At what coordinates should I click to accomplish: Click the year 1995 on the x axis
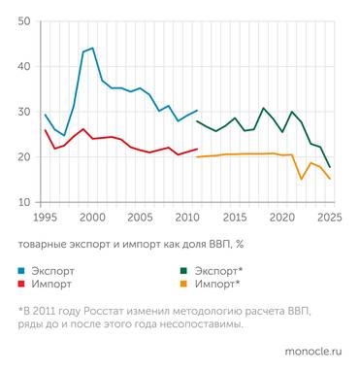(45, 217)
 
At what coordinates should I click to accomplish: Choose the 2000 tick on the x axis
(92, 217)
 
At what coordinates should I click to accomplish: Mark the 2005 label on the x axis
(140, 217)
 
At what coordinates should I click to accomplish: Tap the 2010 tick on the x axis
(187, 217)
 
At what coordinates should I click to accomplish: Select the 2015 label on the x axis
(235, 217)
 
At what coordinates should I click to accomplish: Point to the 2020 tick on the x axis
(282, 217)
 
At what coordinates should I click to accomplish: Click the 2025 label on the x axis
(329, 217)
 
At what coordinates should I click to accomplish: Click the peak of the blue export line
(92, 49)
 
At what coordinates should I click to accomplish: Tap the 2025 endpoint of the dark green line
(330, 167)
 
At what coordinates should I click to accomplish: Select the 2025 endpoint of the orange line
(330, 179)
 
